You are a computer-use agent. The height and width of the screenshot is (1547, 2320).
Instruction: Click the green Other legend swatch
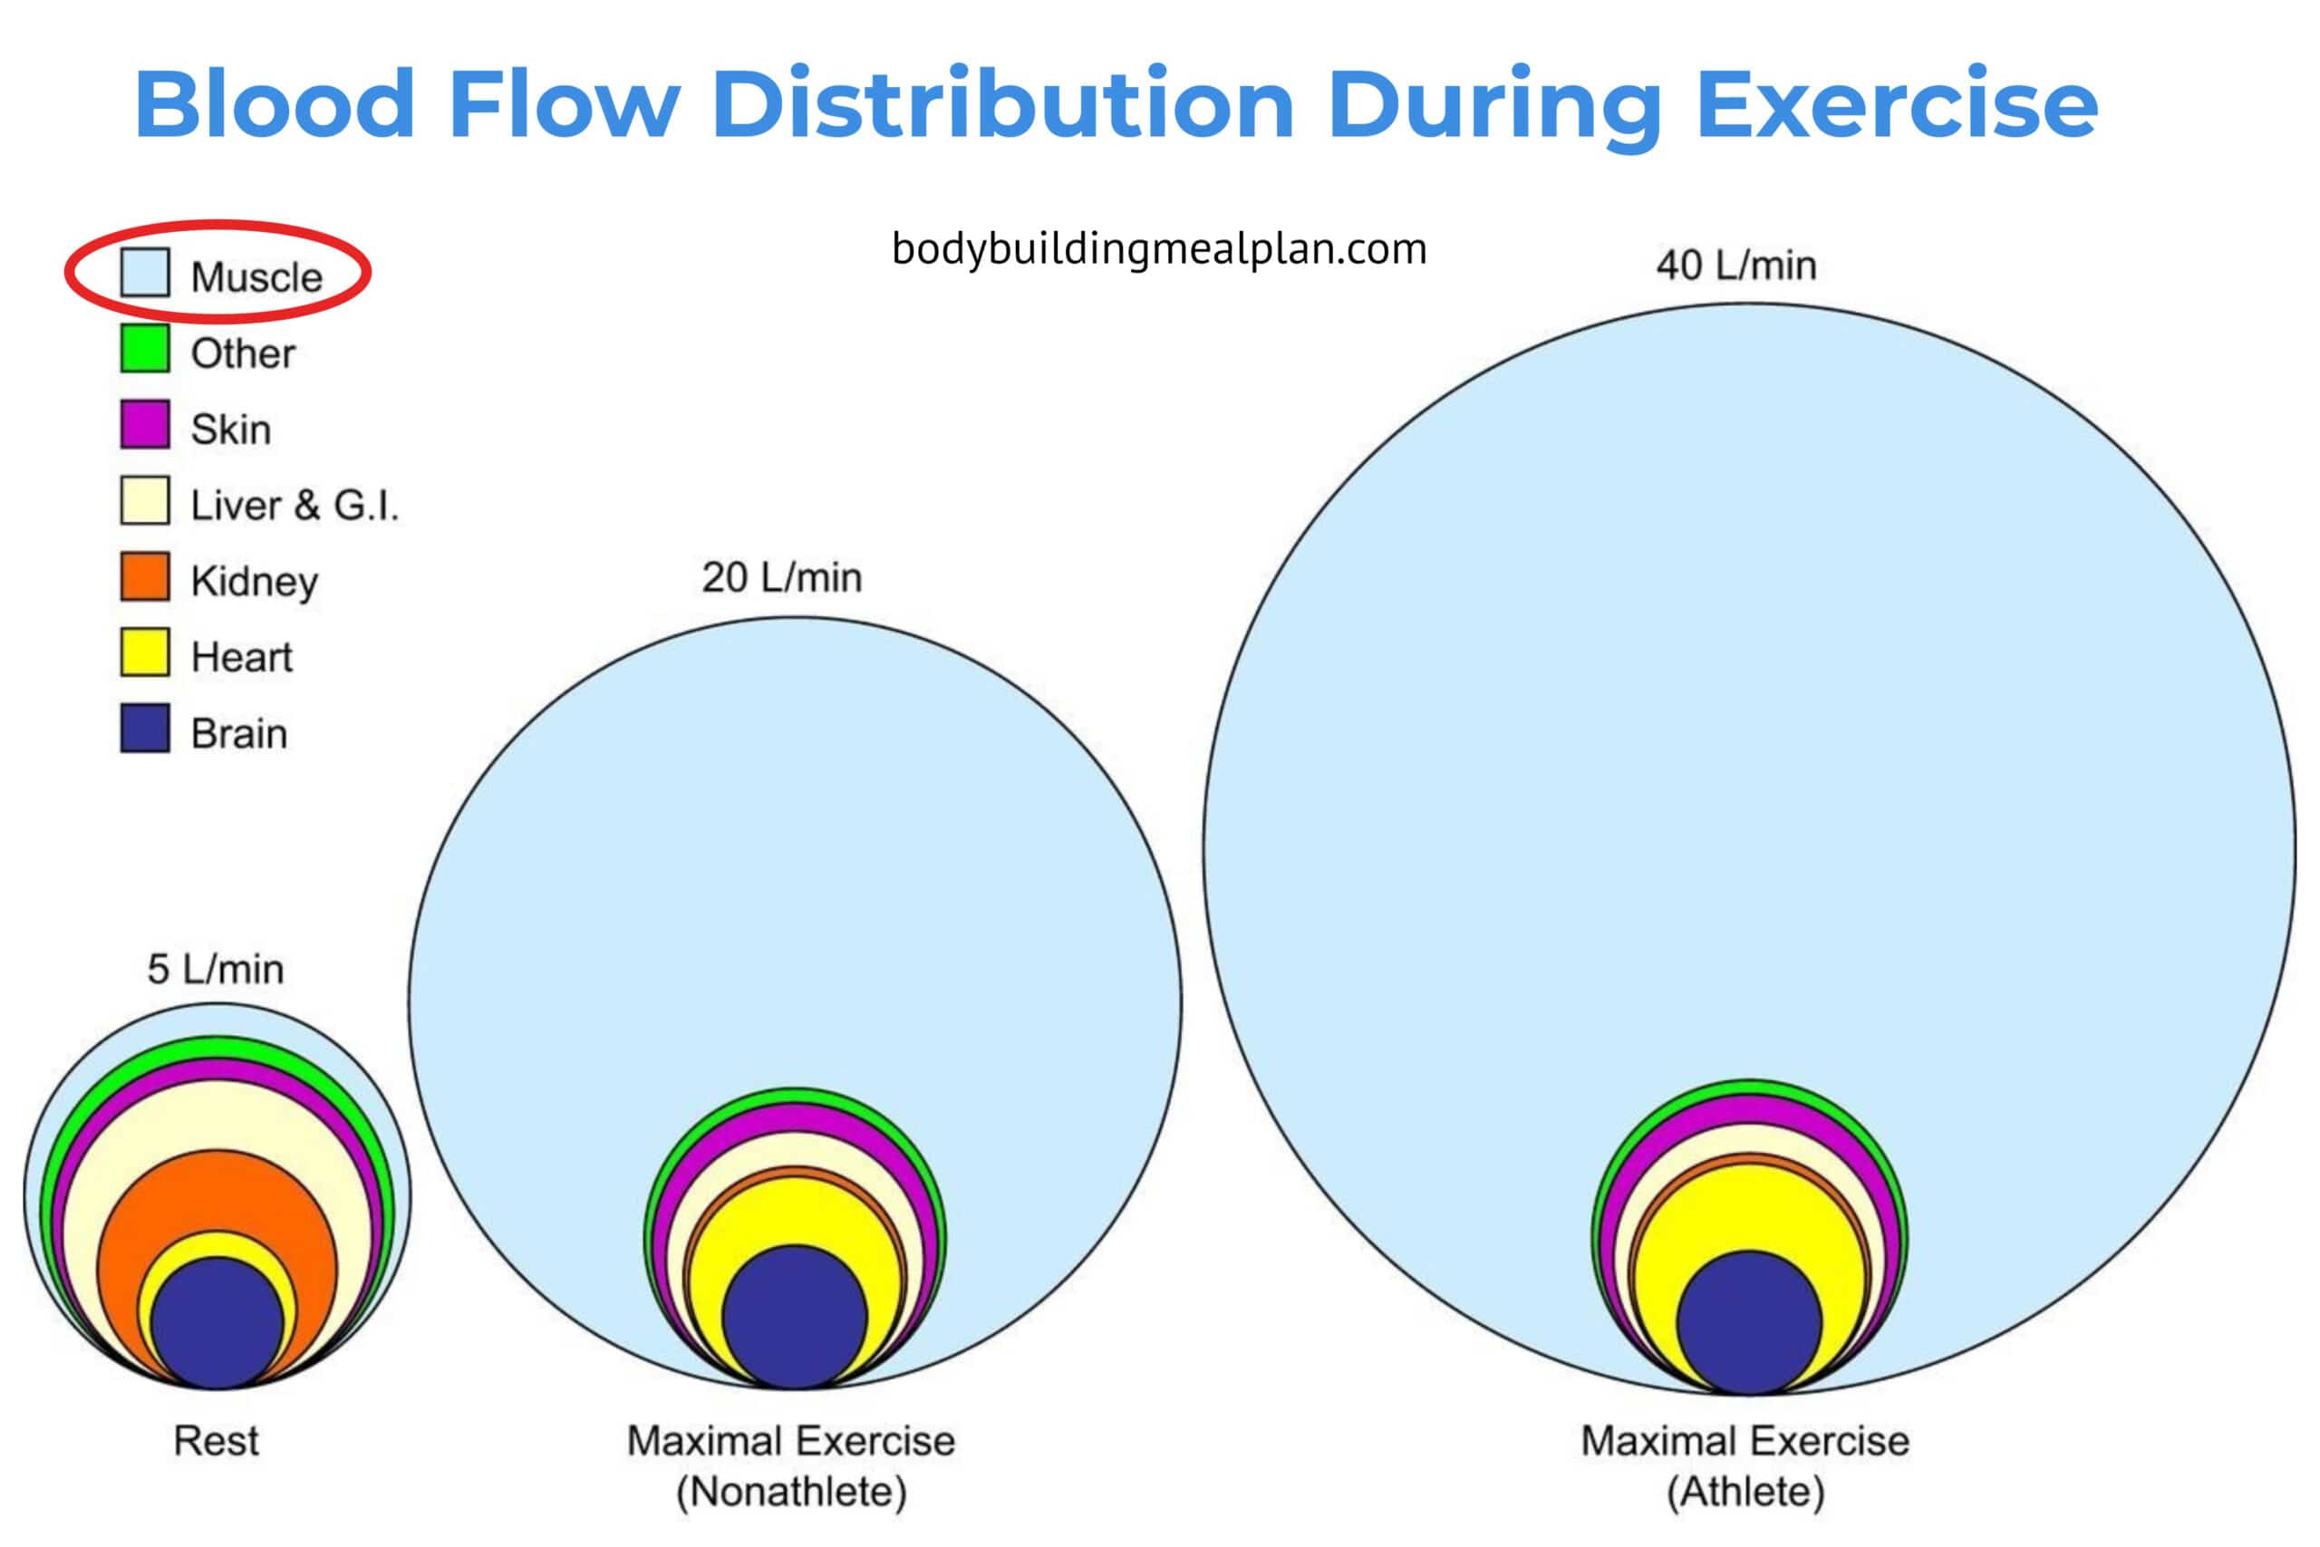point(144,348)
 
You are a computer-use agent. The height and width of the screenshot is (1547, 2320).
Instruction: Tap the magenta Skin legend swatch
point(144,424)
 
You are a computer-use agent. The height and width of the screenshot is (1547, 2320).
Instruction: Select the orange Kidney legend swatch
point(144,576)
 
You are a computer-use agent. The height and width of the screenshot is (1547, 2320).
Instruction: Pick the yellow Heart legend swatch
point(144,653)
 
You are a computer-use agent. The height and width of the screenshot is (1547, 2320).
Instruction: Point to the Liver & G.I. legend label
point(294,505)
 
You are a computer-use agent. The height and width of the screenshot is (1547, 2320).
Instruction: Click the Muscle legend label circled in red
point(256,276)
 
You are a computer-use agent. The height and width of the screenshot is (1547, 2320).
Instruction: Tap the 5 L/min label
point(215,969)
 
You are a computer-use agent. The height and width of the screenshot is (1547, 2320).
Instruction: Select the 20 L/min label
point(781,577)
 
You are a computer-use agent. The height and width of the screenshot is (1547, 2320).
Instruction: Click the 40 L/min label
point(1736,266)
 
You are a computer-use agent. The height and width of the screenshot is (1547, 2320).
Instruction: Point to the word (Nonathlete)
point(791,1491)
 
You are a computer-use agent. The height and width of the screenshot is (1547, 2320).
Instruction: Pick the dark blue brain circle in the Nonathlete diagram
point(794,1316)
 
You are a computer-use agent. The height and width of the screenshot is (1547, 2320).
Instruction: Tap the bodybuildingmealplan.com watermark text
point(1159,248)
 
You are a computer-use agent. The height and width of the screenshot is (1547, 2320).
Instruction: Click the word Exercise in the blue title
point(1896,104)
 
